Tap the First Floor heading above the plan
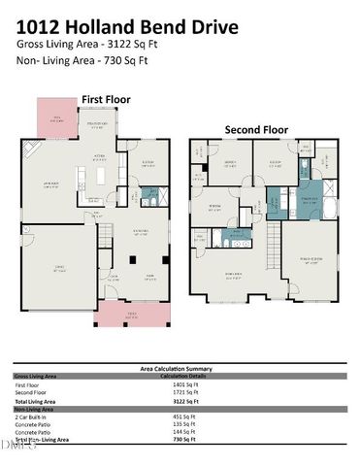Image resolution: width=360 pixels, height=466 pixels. [x=106, y=99]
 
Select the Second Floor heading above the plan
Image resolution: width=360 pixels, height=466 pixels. [x=256, y=128]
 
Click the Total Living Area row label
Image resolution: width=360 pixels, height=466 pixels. [x=37, y=400]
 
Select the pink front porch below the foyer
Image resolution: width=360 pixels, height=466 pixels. [x=133, y=312]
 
